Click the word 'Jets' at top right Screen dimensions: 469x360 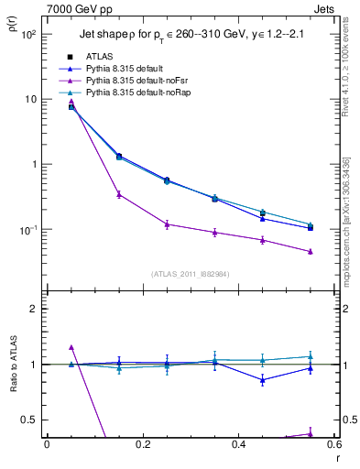[325, 7]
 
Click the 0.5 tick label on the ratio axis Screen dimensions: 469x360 [31, 420]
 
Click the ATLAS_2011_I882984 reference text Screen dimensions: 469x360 [190, 273]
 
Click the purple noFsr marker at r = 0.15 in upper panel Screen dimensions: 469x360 [119, 194]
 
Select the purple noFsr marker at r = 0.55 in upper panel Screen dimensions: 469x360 [311, 251]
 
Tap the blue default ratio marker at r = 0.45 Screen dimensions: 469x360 [263, 379]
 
